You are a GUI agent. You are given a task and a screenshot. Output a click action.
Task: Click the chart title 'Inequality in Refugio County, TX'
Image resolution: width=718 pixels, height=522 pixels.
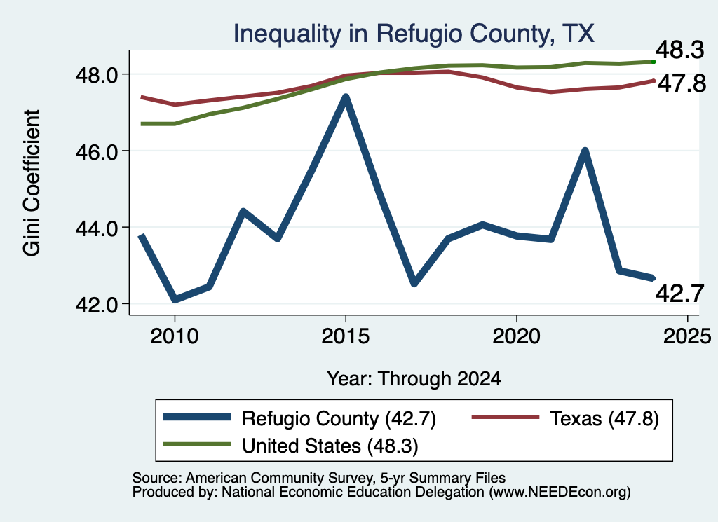[414, 34]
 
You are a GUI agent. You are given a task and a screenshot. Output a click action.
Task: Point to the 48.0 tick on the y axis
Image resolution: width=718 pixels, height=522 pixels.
[97, 75]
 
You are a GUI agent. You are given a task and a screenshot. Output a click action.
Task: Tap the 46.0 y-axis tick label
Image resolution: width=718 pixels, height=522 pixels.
[97, 151]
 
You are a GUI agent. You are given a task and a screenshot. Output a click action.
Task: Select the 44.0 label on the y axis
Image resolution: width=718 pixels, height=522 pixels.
[97, 228]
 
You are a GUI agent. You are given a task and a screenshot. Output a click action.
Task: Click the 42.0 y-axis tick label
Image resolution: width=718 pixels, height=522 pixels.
[97, 305]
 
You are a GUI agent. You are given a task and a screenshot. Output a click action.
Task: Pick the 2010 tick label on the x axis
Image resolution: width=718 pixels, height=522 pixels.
[175, 336]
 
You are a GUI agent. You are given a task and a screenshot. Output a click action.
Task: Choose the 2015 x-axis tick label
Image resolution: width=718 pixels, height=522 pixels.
[345, 336]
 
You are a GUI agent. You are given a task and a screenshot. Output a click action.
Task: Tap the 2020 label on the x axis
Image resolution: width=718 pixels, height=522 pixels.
[517, 336]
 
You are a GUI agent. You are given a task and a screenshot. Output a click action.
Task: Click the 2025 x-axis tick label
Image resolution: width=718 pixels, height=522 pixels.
[687, 336]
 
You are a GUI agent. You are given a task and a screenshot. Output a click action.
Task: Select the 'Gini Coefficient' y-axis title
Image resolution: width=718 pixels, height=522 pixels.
[32, 183]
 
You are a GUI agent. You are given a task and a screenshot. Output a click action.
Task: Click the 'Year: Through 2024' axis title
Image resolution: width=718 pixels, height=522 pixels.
[414, 379]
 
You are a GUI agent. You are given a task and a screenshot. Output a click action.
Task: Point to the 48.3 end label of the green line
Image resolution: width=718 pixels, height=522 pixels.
[680, 50]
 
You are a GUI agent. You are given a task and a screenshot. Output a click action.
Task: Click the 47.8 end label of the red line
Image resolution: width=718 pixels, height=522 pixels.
[682, 83]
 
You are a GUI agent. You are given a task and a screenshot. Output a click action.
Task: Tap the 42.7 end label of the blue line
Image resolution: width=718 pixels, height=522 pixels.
[680, 294]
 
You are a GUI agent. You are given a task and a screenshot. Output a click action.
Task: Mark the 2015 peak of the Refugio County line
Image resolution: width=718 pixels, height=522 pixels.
[346, 97]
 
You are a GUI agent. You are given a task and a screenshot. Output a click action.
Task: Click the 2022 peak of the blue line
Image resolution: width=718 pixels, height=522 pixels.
[585, 151]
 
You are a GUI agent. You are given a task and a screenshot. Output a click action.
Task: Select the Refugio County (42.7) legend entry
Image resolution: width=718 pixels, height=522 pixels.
[300, 418]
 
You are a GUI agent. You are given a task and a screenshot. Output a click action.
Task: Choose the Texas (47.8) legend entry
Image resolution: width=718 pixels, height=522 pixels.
[566, 418]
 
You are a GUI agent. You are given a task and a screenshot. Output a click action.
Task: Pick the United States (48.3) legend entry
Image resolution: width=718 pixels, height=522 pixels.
[291, 446]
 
